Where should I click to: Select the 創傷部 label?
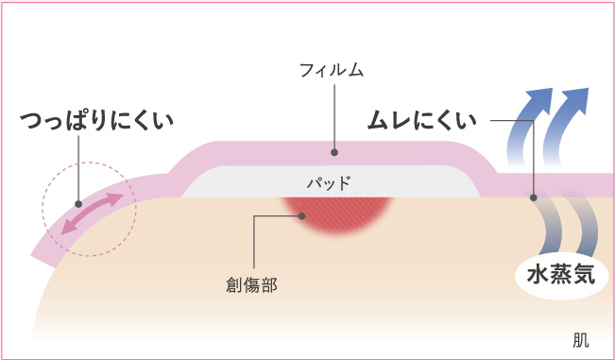coord(252,283)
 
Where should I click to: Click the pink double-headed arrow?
coord(87,214)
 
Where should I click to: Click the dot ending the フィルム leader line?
coord(332,150)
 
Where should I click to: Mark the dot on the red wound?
coord(301,215)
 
